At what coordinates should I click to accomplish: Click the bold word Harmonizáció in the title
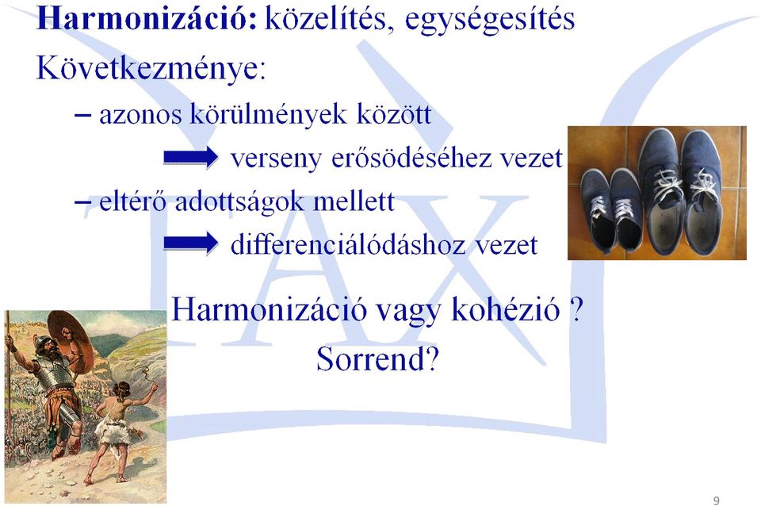147,18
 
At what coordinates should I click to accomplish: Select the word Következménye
151,68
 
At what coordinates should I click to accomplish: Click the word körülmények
269,114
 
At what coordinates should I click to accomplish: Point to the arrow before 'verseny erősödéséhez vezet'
191,157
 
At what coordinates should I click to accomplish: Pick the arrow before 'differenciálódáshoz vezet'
191,243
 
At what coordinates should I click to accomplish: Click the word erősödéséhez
411,158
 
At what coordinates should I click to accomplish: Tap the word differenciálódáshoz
348,243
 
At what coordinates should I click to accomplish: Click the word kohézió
505,309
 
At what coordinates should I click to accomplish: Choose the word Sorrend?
377,359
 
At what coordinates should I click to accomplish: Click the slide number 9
717,500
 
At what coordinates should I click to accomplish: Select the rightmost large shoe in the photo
703,190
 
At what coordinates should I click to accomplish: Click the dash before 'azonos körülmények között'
82,116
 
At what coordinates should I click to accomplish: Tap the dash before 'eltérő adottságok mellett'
82,203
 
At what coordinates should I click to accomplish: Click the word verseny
276,159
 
